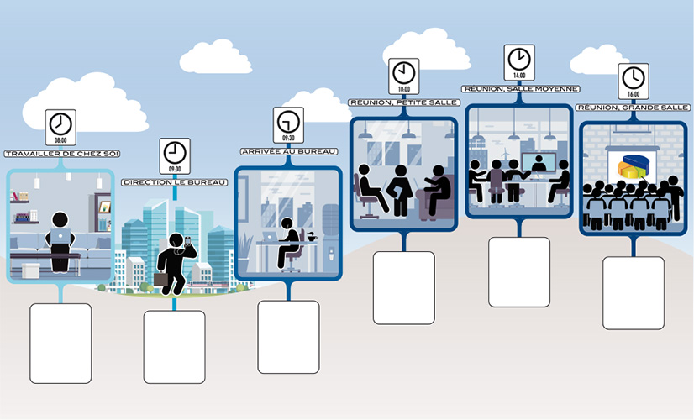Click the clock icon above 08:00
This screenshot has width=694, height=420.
pyautogui.click(x=60, y=123)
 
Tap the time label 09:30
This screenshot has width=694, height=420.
pyautogui.click(x=288, y=138)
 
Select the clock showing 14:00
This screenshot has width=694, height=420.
pyautogui.click(x=519, y=60)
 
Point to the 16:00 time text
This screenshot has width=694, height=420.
pyautogui.click(x=634, y=94)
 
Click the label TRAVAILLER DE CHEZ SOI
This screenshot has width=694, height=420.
pyautogui.click(x=62, y=154)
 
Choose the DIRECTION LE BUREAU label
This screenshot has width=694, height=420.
pyautogui.click(x=175, y=182)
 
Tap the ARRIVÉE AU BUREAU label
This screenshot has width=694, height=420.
pyautogui.click(x=289, y=151)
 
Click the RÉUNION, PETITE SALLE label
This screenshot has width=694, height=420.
pyautogui.click(x=404, y=102)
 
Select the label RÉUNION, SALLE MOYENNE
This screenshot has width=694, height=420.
pyautogui.click(x=521, y=89)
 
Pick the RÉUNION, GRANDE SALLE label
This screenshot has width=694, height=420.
pyautogui.click(x=634, y=108)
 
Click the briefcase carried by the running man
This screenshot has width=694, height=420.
pyautogui.click(x=160, y=279)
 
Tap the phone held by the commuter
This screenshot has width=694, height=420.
pyautogui.click(x=187, y=241)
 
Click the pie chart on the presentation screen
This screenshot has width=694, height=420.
pyautogui.click(x=634, y=166)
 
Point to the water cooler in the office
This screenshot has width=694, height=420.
pyautogui.click(x=330, y=238)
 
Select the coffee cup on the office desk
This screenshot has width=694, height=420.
pyautogui.click(x=312, y=238)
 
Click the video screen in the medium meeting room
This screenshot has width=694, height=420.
pyautogui.click(x=539, y=162)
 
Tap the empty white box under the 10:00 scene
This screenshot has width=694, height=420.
pyautogui.click(x=404, y=288)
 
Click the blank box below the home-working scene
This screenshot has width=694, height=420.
pyautogui.click(x=60, y=344)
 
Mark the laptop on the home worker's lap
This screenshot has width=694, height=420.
pyautogui.click(x=60, y=236)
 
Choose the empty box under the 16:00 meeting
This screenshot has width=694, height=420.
pyautogui.click(x=634, y=293)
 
